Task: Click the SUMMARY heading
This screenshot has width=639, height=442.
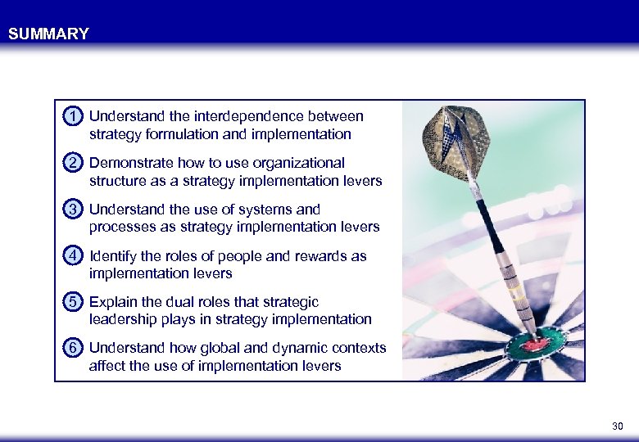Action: pyautogui.click(x=48, y=34)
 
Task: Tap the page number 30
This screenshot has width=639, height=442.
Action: pyautogui.click(x=618, y=426)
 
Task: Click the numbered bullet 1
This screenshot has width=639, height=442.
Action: pyautogui.click(x=74, y=116)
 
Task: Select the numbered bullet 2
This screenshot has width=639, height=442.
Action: pyautogui.click(x=74, y=163)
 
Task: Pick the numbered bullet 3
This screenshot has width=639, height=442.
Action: pyautogui.click(x=74, y=210)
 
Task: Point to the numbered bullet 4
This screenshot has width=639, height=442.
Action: pyautogui.click(x=74, y=255)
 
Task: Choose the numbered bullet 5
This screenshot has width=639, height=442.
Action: pyautogui.click(x=74, y=302)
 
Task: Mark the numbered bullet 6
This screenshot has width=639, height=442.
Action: pyautogui.click(x=74, y=348)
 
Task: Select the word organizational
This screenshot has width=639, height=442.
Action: pyautogui.click(x=296, y=163)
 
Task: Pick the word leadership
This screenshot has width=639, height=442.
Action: pyautogui.click(x=123, y=319)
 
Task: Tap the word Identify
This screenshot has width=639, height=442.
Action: pyautogui.click(x=112, y=256)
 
